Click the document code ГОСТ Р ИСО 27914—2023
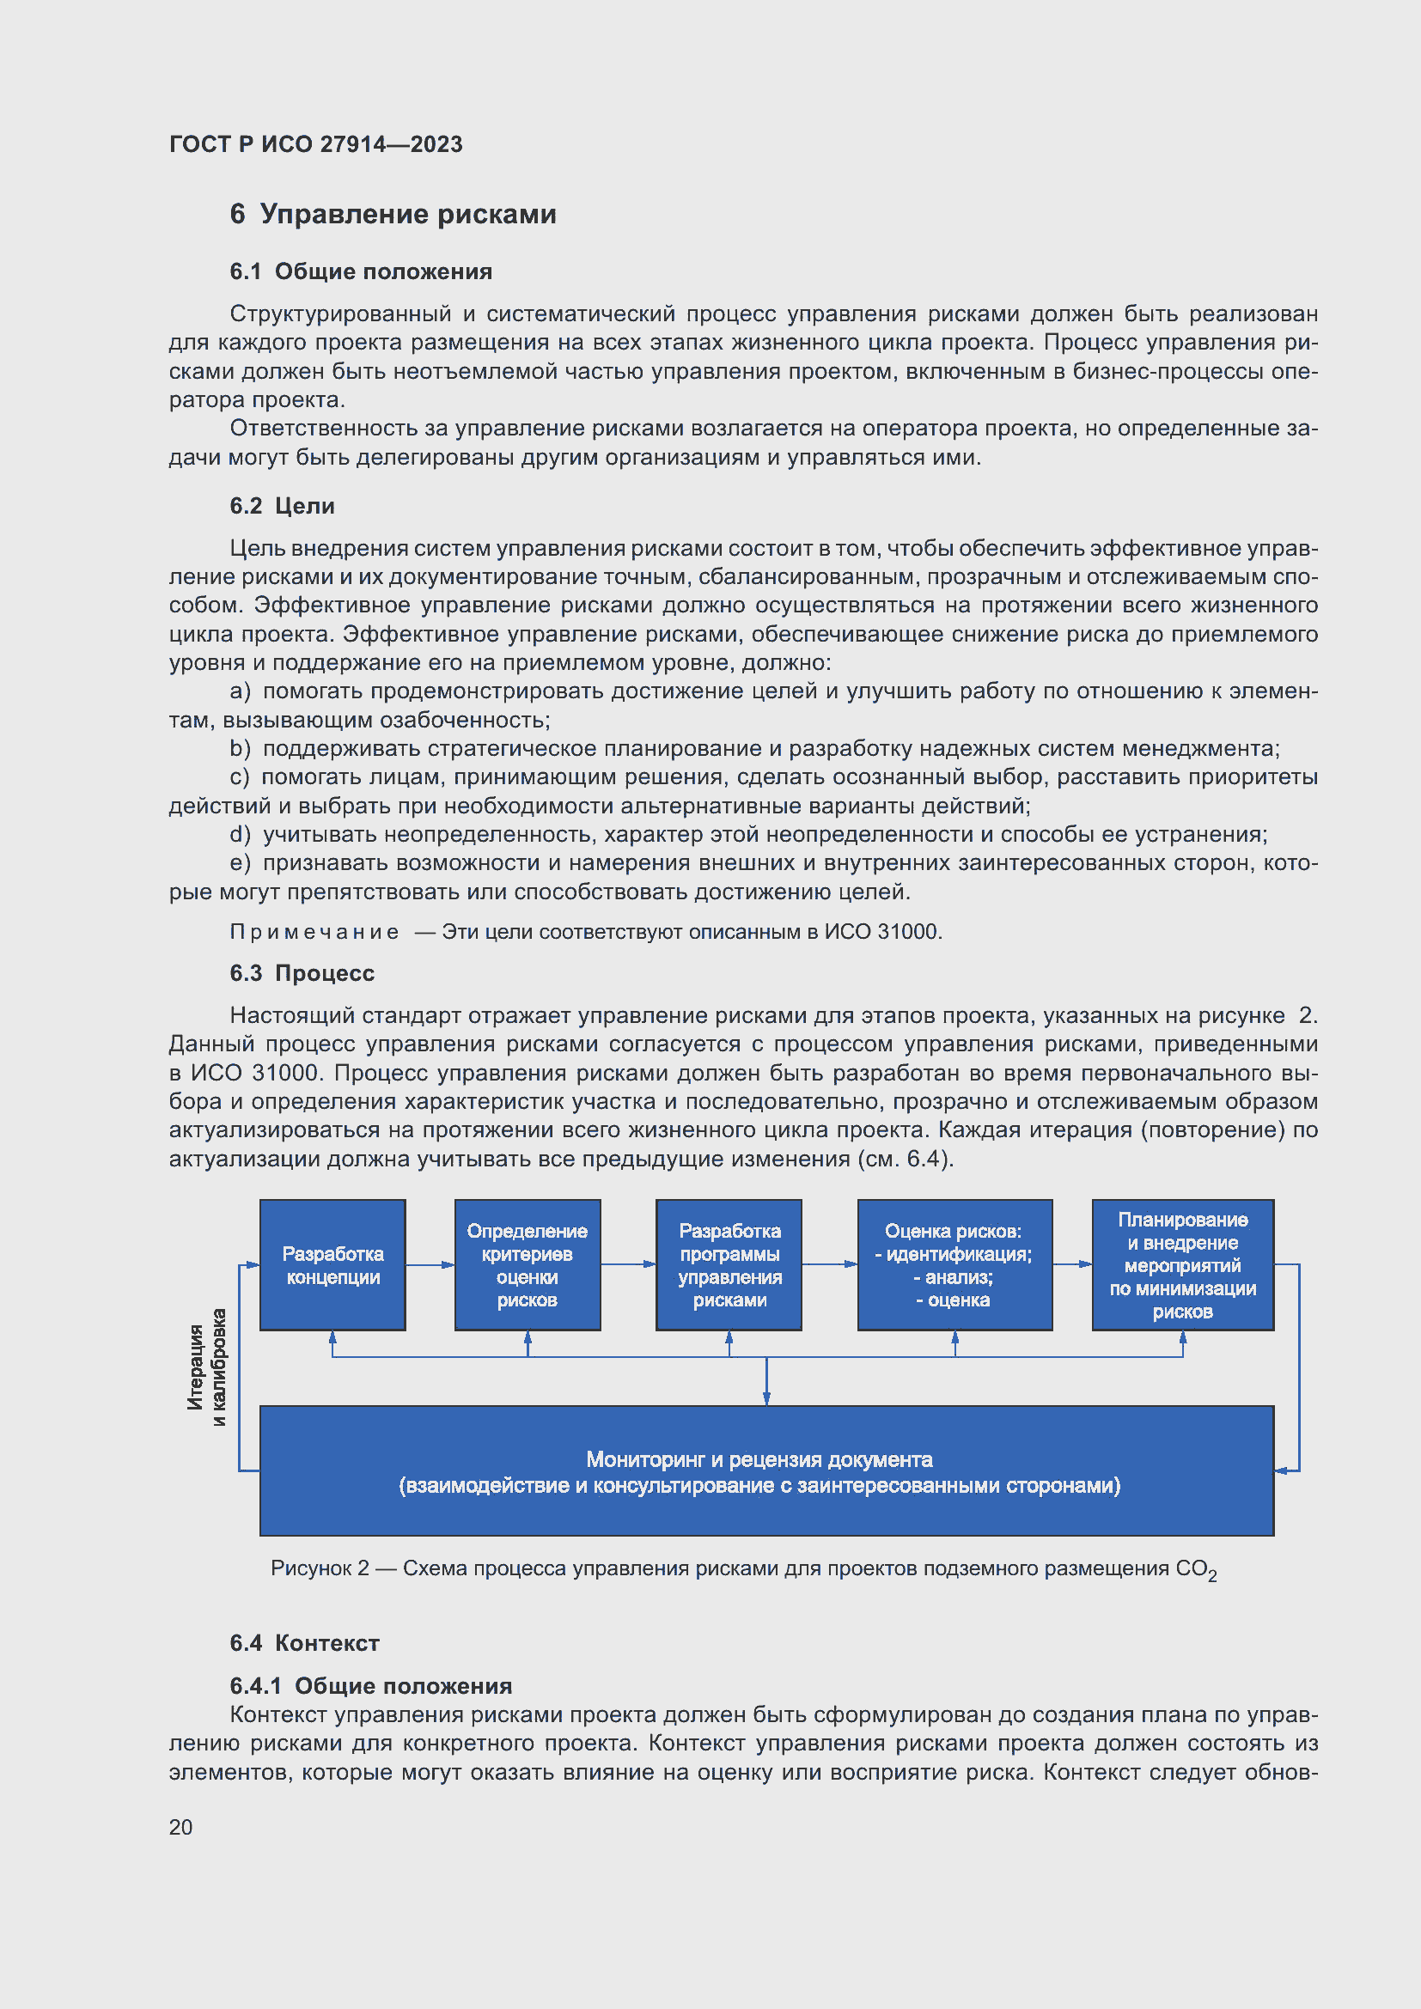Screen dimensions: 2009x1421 [315, 144]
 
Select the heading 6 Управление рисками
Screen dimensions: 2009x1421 [393, 215]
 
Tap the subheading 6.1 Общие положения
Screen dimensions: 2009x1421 [361, 272]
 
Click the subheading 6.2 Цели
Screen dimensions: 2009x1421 [282, 506]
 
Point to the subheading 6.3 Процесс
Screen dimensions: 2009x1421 [302, 973]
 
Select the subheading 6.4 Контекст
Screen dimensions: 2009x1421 [304, 1642]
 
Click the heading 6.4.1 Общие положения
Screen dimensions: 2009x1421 [371, 1685]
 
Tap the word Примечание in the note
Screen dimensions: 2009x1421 [314, 932]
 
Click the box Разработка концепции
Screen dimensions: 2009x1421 [332, 1264]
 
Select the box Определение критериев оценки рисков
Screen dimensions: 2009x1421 [527, 1264]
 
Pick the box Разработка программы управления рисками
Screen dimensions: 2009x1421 [729, 1264]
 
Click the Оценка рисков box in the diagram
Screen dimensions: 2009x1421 [954, 1264]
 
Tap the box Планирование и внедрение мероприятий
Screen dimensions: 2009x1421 [1182, 1264]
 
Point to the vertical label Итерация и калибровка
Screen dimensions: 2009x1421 [206, 1366]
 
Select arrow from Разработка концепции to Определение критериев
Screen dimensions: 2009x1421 [430, 1264]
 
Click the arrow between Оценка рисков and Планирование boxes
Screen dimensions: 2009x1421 [1072, 1263]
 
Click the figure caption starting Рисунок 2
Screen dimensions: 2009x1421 [743, 1569]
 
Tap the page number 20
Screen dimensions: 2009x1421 [180, 1827]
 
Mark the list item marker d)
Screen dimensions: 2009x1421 [240, 834]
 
